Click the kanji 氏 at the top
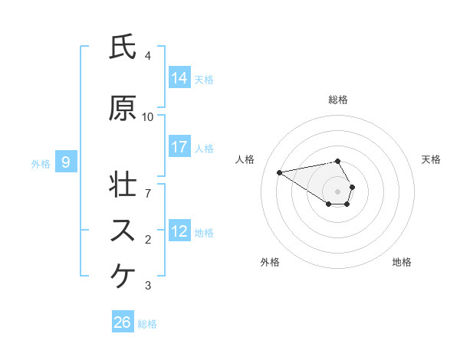[123, 47]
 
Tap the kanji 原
[123, 109]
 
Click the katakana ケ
[123, 276]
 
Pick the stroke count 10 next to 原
[148, 116]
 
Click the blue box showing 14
[179, 78]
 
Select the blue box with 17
[179, 147]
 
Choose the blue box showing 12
[179, 231]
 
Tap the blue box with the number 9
[67, 162]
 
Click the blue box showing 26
[123, 322]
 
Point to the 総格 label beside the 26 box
[147, 324]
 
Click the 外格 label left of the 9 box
[41, 163]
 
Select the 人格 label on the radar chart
[246, 159]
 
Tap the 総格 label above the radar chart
[337, 100]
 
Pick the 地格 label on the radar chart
[402, 262]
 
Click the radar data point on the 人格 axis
[280, 172]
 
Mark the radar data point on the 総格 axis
[337, 161]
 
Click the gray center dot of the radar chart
[337, 191]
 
